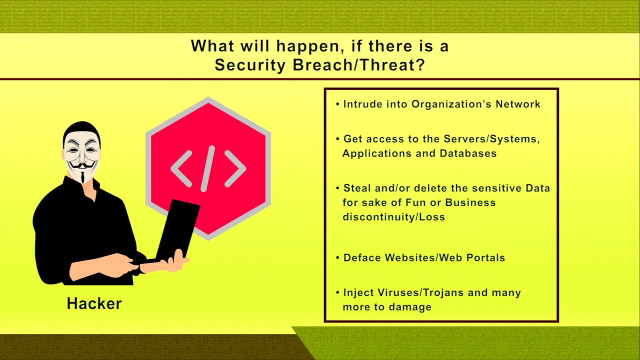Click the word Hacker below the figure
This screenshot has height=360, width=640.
[x=94, y=303]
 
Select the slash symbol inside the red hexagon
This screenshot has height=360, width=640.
[x=207, y=168]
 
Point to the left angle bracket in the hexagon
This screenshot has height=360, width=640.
[x=181, y=169]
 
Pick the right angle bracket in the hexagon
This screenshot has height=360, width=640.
[x=235, y=169]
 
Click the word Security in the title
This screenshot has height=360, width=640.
[x=250, y=65]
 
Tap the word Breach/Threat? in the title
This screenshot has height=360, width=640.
[x=359, y=65]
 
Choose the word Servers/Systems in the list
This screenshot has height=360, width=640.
[x=491, y=139]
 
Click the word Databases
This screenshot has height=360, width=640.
[x=468, y=153]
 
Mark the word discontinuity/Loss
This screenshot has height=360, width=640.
[x=393, y=217]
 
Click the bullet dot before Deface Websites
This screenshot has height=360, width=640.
[x=337, y=257]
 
